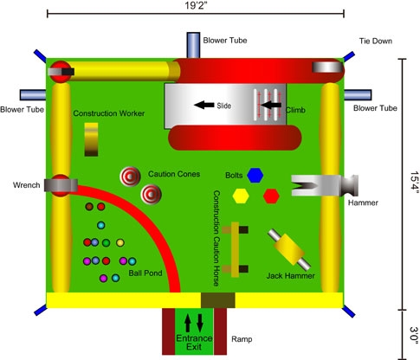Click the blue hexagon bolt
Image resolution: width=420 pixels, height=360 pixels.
[255, 175]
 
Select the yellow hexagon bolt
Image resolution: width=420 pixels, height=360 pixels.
[241, 196]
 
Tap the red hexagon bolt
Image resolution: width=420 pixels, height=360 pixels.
[271, 196]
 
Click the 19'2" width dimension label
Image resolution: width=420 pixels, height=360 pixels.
[196, 5]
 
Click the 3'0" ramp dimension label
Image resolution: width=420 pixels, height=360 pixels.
[414, 335]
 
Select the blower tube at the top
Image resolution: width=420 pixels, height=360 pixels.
[193, 45]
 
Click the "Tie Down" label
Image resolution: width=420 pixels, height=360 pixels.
[376, 41]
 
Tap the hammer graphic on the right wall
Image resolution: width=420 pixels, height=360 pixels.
[325, 186]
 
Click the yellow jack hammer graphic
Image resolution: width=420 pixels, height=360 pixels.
[288, 249]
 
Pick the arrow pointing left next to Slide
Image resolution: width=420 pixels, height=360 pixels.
[204, 105]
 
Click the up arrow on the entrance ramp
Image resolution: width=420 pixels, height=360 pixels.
[187, 323]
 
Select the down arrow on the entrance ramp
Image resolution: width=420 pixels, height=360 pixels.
[200, 323]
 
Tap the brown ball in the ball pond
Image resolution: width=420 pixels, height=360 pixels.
[89, 207]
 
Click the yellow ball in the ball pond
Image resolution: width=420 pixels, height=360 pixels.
[120, 242]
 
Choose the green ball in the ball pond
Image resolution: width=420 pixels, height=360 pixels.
[107, 242]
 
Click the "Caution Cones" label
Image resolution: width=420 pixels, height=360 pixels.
[174, 174]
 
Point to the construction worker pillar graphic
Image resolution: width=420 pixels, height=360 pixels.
[91, 139]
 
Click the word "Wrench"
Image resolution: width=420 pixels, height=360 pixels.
[27, 185]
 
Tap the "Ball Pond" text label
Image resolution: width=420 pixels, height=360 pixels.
[145, 273]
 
